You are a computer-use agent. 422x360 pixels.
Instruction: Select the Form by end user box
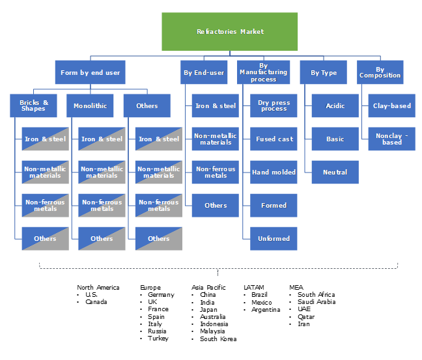[91, 72]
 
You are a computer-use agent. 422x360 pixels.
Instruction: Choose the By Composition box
[380, 72]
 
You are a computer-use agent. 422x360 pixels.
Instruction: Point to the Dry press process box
[274, 105]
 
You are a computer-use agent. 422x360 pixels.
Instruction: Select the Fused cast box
[274, 139]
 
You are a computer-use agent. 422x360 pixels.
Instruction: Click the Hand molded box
[274, 172]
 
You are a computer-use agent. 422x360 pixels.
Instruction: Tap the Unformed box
[274, 238]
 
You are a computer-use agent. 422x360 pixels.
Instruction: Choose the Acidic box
[335, 105]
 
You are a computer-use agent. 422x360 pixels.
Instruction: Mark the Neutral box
[335, 172]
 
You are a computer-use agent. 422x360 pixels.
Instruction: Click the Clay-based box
[391, 105]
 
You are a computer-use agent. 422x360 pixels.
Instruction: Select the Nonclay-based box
[391, 139]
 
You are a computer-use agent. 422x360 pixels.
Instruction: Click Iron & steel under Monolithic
[102, 139]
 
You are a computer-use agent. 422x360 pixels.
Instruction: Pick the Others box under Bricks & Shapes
[45, 238]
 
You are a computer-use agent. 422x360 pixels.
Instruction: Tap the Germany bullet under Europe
[157, 295]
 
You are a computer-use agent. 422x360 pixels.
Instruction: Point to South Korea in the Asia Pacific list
[218, 339]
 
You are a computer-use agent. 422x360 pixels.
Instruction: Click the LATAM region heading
[254, 287]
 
